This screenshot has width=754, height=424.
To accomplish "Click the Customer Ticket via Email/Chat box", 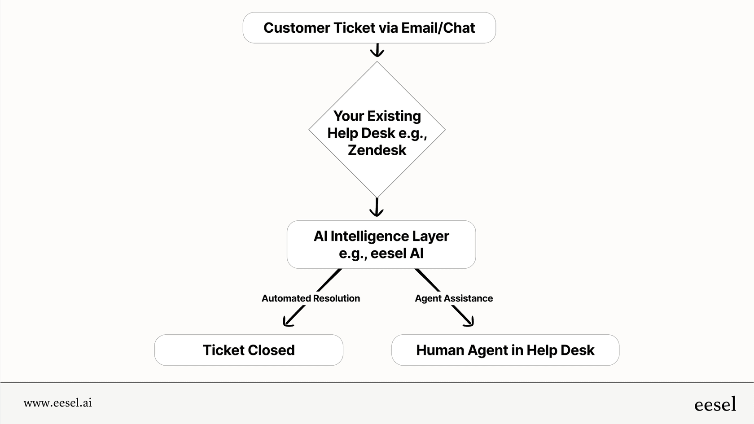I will click(x=369, y=28).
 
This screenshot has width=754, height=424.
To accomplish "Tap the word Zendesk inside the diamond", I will click(x=377, y=150).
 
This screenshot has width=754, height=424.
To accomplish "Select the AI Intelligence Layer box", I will click(x=381, y=245).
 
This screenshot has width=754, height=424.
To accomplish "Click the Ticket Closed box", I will click(x=249, y=350).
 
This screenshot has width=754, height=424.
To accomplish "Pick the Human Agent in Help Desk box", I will click(x=505, y=350).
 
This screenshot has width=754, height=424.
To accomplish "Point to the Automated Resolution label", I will click(x=311, y=298).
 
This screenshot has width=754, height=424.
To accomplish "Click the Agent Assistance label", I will click(x=453, y=298).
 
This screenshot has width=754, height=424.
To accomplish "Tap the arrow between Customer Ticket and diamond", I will click(x=377, y=50).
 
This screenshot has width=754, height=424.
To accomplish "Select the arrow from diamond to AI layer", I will click(x=377, y=207).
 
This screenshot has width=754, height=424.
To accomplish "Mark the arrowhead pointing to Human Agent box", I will click(x=469, y=321).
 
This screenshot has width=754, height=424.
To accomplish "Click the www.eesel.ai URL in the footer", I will click(x=57, y=403).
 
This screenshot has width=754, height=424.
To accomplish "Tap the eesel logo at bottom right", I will click(x=715, y=404).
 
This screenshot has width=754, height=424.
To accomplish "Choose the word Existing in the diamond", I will click(x=394, y=116).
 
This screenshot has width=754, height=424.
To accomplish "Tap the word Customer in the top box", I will click(x=297, y=28).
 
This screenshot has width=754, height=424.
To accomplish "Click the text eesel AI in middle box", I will click(x=397, y=254).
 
